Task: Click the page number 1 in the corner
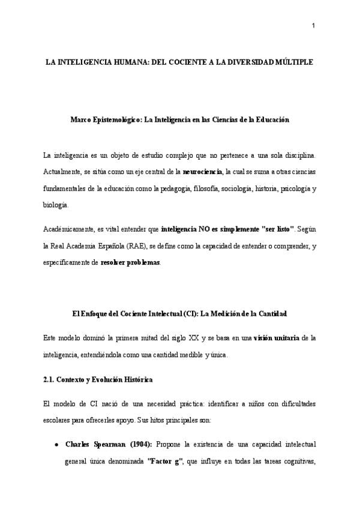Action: (313, 25)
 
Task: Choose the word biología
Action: (56, 204)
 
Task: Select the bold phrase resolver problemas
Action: (130, 262)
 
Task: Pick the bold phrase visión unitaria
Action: (276, 339)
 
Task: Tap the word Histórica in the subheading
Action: (137, 380)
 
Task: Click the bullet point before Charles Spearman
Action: (56, 445)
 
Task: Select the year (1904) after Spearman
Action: (140, 445)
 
